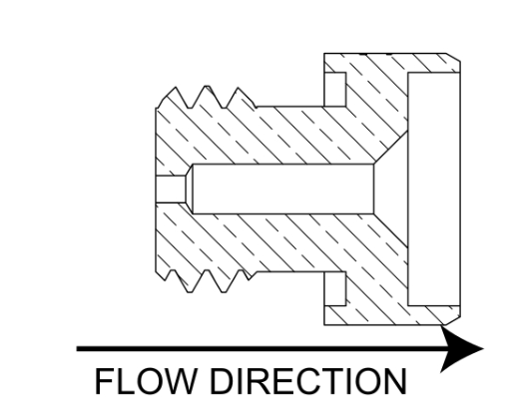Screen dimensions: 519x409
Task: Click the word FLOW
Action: tap(145, 381)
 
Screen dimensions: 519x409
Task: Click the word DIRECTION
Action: tap(308, 381)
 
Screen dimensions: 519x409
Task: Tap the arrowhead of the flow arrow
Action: tap(462, 349)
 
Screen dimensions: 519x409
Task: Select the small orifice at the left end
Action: tap(171, 189)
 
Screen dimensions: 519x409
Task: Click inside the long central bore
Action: tap(283, 189)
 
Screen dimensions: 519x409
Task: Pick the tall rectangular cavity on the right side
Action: tap(434, 189)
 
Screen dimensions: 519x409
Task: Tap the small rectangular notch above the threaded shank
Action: tap(335, 90)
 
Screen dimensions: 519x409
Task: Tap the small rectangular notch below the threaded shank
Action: tap(335, 288)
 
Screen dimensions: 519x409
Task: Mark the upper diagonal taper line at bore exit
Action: tap(391, 148)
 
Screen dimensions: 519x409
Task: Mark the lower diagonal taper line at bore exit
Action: tap(391, 230)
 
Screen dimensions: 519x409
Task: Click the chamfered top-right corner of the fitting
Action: tap(453, 57)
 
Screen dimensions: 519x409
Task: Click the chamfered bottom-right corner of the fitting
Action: tap(452, 320)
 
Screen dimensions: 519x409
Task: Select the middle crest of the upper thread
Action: tap(207, 87)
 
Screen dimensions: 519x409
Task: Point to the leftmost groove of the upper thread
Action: tap(190, 107)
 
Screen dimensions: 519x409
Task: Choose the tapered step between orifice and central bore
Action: tap(190, 189)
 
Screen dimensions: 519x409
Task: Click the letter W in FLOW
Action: tap(176, 381)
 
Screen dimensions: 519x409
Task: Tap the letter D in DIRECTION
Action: tap(223, 381)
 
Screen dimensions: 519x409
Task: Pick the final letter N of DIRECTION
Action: tap(395, 381)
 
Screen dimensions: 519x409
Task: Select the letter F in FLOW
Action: tap(104, 381)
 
